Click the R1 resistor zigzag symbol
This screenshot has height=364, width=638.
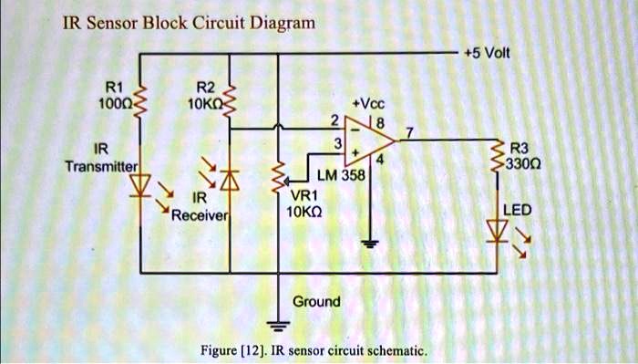[140, 101]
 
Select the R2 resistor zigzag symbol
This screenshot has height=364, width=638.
[230, 101]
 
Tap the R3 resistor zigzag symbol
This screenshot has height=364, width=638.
[497, 155]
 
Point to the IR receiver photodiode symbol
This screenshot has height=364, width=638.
[230, 181]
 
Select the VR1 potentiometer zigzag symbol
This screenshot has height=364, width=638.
[279, 177]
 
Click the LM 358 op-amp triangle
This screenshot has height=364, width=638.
[369, 140]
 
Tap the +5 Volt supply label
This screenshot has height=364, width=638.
[487, 53]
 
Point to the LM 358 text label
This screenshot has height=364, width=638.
[341, 175]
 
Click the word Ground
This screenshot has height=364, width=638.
[316, 302]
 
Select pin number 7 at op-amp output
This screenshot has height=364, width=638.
[409, 132]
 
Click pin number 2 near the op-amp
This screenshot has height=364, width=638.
[334, 120]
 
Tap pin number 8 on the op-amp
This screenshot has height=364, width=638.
[380, 123]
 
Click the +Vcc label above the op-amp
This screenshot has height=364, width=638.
[368, 104]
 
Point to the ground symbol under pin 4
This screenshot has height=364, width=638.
[370, 244]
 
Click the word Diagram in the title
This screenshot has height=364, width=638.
[283, 23]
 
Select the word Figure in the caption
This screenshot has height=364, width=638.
[219, 350]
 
